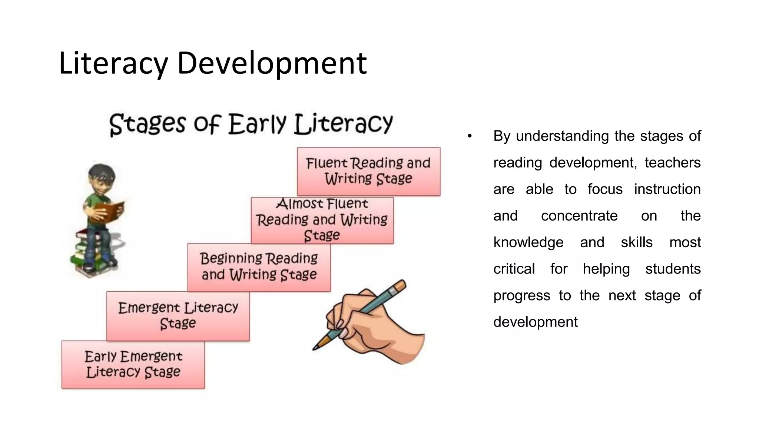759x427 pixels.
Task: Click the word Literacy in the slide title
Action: point(113,63)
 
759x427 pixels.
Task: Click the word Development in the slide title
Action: point(272,63)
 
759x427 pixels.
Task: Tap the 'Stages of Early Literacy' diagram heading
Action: point(251,124)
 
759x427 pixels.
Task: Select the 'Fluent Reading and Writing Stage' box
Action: point(368,171)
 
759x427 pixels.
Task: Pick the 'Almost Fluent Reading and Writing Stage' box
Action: point(322,220)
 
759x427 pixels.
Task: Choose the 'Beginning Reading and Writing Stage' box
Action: point(259,267)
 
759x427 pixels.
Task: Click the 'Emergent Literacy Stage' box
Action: point(178,316)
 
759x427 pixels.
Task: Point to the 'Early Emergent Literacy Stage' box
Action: point(133,364)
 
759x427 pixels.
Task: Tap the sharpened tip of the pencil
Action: point(315,348)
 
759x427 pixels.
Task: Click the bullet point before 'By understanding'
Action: point(470,136)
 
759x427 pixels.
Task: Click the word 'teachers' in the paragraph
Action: point(672,163)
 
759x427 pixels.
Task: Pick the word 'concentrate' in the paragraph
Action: point(579,216)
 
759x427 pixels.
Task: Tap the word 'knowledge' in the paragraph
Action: point(528,242)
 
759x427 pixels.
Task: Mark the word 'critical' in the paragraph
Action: point(514,269)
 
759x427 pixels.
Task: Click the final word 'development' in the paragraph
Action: point(535,322)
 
